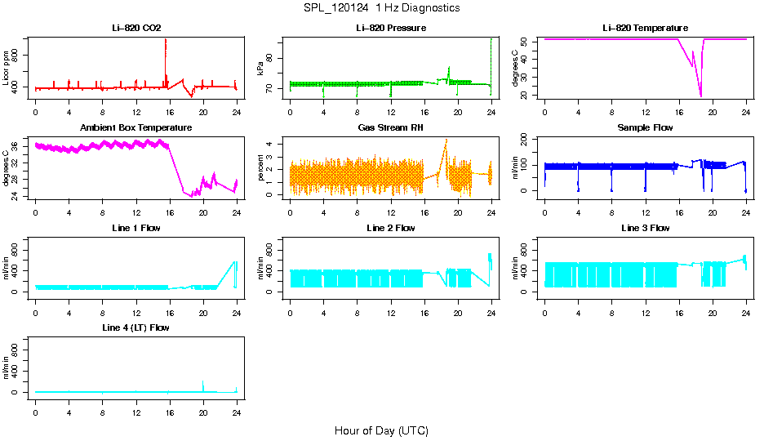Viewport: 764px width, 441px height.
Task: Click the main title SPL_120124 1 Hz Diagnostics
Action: tap(381, 8)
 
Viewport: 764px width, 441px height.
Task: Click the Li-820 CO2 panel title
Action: tap(136, 29)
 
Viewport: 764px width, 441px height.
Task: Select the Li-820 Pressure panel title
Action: tap(390, 29)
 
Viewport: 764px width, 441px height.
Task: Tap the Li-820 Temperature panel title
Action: tap(645, 29)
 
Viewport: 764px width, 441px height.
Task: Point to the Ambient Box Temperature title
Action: tap(136, 128)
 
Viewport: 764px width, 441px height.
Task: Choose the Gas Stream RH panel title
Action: tap(390, 128)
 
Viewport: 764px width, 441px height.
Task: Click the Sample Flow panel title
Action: tap(645, 128)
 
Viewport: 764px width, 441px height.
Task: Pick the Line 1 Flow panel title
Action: tap(136, 228)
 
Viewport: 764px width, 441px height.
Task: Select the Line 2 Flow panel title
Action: tap(390, 228)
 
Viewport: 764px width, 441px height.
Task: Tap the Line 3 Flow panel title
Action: tap(645, 228)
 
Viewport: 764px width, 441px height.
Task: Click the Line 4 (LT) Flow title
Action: tap(136, 327)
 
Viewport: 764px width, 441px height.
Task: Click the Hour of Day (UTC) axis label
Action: tap(381, 430)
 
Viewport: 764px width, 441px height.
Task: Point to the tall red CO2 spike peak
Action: tap(166, 39)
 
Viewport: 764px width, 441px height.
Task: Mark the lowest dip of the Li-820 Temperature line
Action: tap(700, 96)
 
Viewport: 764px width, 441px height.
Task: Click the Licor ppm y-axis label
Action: tap(7, 70)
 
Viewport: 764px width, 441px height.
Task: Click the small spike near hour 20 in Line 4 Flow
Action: tap(202, 381)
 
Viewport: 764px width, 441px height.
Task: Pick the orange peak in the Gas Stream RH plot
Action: tap(446, 140)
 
